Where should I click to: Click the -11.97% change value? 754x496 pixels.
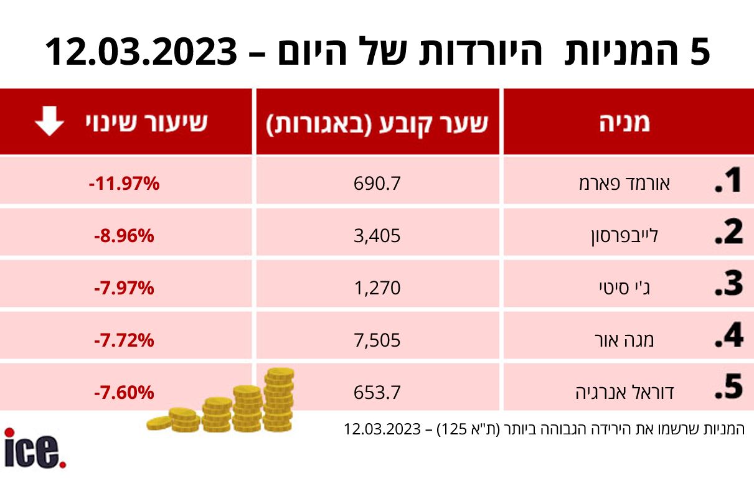[125, 184]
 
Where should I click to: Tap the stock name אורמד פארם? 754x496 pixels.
[629, 184]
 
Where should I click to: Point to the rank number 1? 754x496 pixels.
[727, 181]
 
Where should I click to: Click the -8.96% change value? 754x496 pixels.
[125, 236]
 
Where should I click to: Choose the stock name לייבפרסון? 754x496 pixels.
[624, 236]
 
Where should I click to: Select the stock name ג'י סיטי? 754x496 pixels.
[623, 288]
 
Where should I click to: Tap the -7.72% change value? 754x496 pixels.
[125, 340]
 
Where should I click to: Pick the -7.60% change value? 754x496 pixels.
[125, 392]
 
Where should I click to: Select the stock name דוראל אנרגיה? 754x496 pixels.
[624, 392]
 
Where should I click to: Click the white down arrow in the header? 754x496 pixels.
[49, 122]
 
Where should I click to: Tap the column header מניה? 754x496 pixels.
[624, 122]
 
